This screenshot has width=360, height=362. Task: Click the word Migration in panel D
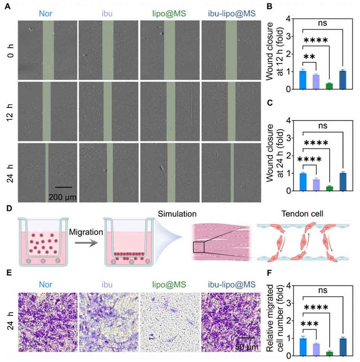coord(86,233)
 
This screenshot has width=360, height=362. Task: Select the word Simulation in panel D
coord(178,214)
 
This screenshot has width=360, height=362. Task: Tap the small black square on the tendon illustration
coord(198,247)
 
